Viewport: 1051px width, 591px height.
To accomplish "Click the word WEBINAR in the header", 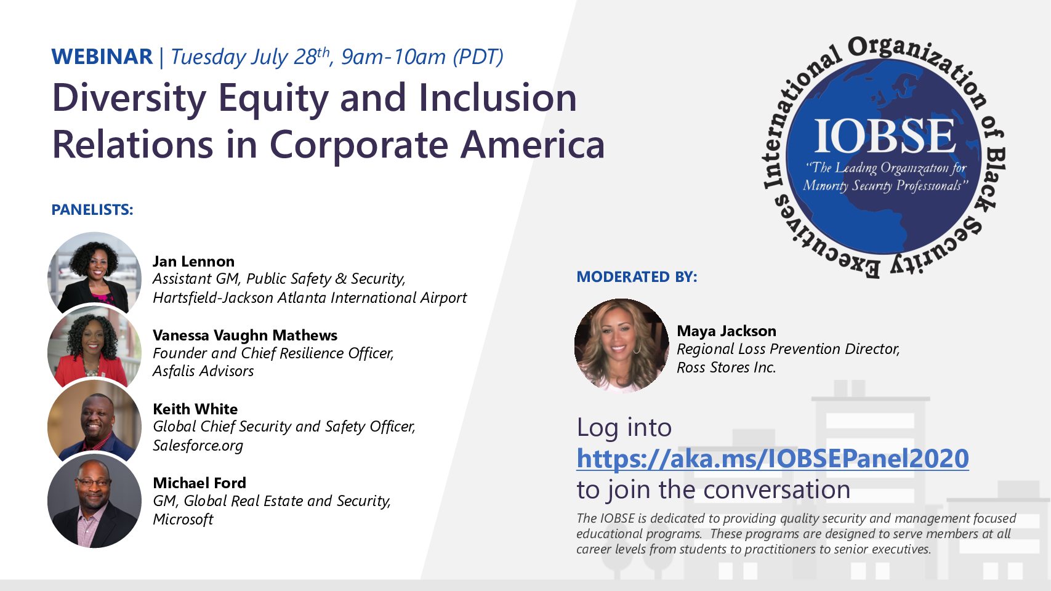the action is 102,57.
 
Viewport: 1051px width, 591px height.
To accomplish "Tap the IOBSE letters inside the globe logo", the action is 884,136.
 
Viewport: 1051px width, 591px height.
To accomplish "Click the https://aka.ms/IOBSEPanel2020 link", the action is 773,458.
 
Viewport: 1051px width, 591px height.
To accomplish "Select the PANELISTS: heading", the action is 92,210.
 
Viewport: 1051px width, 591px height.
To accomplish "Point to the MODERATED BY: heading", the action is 637,277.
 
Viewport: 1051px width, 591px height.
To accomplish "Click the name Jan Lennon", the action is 193,261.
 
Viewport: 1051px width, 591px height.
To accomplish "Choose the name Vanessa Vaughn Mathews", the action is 245,336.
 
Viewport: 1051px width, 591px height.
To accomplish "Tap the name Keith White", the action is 195,409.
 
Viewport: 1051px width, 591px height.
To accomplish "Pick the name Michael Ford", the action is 199,483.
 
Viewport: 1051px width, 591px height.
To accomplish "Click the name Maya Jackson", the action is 727,331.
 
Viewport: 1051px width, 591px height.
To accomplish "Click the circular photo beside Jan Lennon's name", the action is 94,273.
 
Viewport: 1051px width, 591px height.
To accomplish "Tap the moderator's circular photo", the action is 622,345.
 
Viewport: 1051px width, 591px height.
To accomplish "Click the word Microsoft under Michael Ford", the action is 183,519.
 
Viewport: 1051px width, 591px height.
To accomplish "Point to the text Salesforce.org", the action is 198,445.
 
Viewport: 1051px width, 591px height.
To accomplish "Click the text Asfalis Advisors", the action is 203,371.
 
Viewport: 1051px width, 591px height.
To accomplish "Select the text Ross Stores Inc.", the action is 727,368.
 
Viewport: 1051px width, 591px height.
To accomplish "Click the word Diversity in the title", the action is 129,98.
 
